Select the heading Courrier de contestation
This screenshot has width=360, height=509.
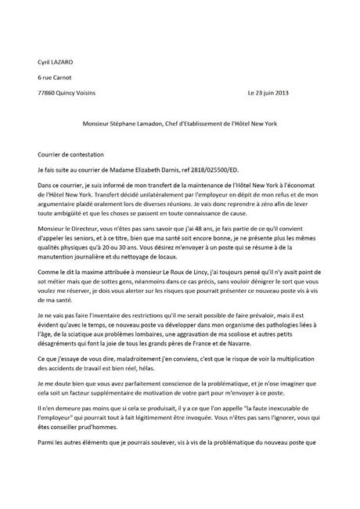click(x=76, y=153)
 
